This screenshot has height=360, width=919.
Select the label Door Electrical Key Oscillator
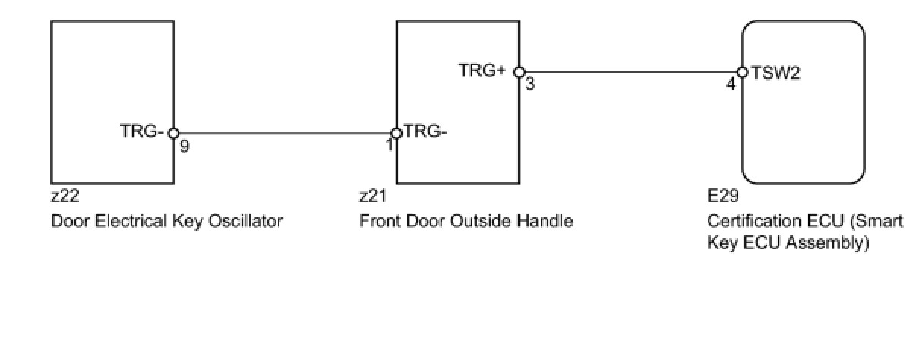[x=166, y=221]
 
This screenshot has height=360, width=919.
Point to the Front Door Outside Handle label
[x=466, y=221]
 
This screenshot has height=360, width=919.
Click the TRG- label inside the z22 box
[x=142, y=131]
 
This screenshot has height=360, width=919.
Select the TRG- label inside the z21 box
[x=425, y=131]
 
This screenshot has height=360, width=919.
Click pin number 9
[x=185, y=146]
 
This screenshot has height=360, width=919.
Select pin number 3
[x=529, y=84]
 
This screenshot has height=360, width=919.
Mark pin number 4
[x=731, y=84]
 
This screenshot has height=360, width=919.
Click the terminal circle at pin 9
[x=173, y=133]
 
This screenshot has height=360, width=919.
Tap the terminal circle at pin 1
[x=396, y=133]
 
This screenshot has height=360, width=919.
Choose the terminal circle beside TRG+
[x=519, y=72]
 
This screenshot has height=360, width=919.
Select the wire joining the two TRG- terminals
[x=285, y=133]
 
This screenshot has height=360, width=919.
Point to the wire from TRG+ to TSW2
[x=630, y=73]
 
